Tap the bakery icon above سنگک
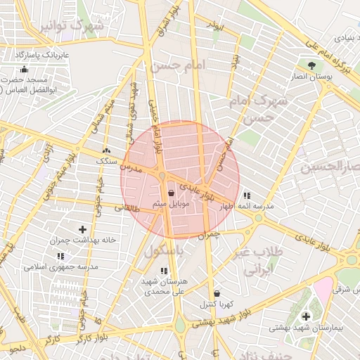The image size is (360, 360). point(106,151)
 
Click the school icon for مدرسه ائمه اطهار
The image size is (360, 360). point(246,195)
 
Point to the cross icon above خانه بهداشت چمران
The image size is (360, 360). point(83,229)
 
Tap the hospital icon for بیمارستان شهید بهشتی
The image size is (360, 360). point(306,317)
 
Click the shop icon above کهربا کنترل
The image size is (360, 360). point(216,294)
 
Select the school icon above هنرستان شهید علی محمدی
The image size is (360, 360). point(164,271)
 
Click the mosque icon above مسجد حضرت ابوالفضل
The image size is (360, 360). point(25,69)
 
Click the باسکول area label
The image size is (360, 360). point(167,251)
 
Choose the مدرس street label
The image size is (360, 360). point(130,169)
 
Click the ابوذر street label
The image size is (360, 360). point(214,25)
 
